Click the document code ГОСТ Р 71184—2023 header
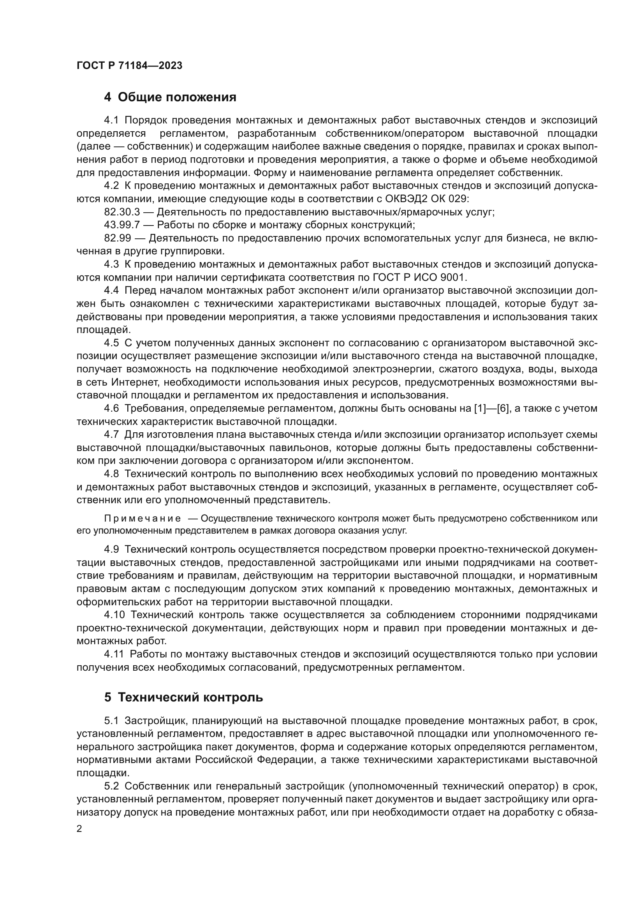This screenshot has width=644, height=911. (x=129, y=66)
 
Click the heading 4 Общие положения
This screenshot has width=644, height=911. (x=170, y=97)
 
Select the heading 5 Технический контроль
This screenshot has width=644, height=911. (x=184, y=708)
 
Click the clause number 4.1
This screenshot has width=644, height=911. (x=111, y=120)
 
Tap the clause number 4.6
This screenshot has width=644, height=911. (x=111, y=408)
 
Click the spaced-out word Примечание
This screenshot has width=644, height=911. (x=143, y=518)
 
